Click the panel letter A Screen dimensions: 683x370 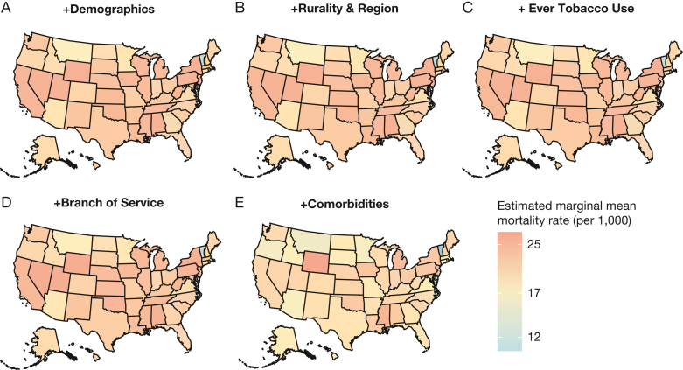(6, 8)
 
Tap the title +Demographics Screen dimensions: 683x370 (108, 10)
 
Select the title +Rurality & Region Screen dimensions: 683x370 (344, 9)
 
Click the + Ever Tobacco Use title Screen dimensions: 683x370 (575, 9)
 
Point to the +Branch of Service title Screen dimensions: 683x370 (108, 203)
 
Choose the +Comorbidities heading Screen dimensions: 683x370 (345, 204)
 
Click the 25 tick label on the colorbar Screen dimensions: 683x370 (534, 244)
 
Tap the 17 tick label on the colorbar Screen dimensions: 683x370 (534, 293)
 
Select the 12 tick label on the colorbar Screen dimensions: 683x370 (534, 337)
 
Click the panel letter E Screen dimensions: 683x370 (239, 203)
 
